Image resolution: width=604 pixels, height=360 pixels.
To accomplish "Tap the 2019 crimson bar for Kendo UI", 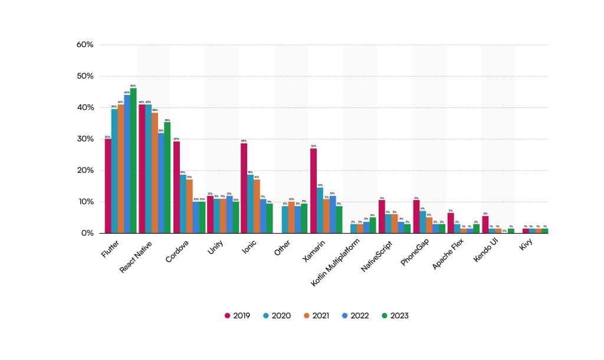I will click(x=485, y=225).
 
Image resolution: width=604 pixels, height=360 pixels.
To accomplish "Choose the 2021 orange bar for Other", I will click(x=291, y=218).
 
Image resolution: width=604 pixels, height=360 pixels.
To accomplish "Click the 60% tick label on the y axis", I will click(x=85, y=45).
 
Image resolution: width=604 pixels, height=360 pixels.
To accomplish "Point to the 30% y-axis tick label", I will click(x=85, y=139).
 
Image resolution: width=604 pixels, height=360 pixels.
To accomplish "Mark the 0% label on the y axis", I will click(x=87, y=233).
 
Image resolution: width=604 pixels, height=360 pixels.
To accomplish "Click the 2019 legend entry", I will click(x=237, y=316).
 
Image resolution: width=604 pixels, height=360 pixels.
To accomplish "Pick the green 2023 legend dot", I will click(x=382, y=316).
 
